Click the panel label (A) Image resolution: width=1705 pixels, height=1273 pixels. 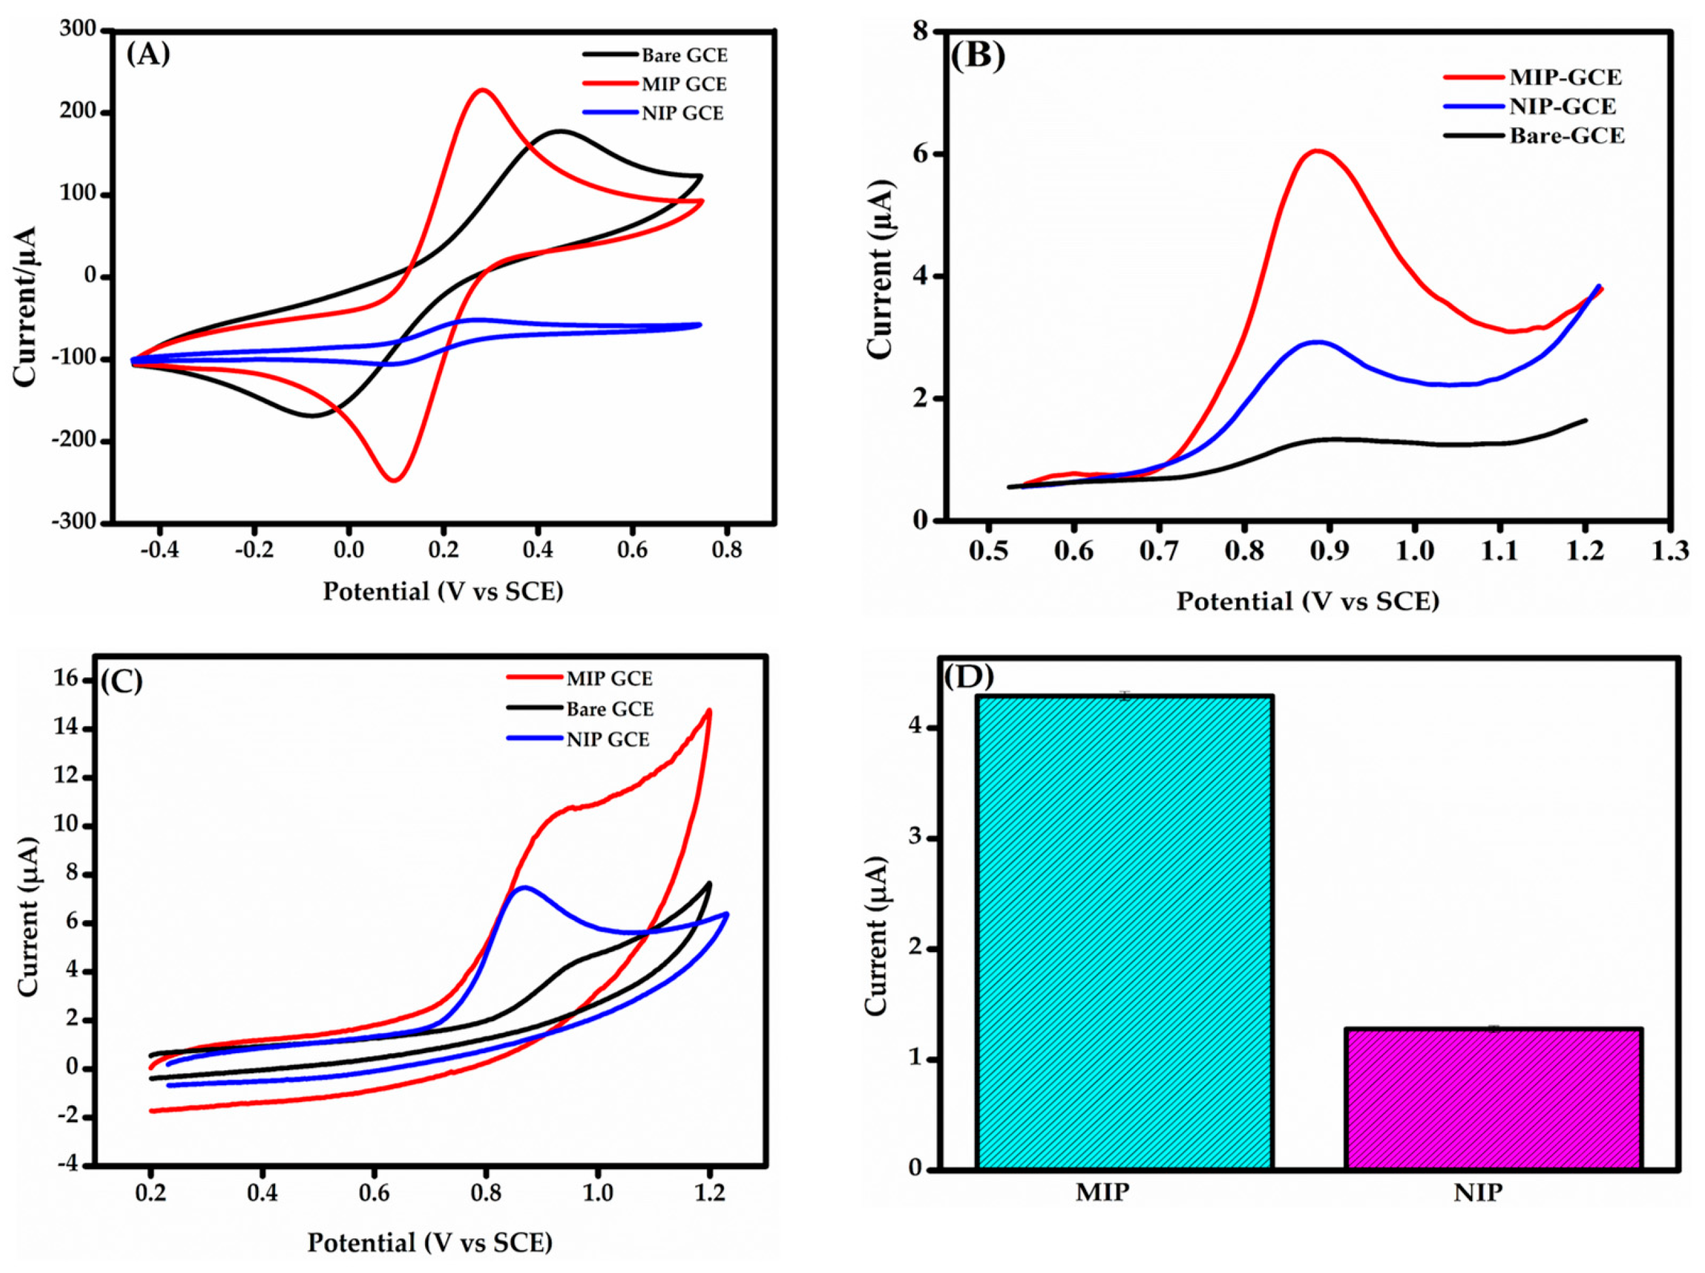click(x=148, y=55)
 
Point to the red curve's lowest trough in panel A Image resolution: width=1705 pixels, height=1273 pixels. click(x=394, y=481)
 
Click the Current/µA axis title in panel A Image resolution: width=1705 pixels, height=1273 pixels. click(x=25, y=307)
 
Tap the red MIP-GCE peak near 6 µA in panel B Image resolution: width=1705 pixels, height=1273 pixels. click(x=1318, y=151)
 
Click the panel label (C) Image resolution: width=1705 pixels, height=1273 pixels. click(x=122, y=681)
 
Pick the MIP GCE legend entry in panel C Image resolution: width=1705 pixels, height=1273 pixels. click(x=608, y=679)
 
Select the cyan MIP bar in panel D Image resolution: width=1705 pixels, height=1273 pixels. click(x=1124, y=932)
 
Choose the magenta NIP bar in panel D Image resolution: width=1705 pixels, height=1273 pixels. click(x=1494, y=1098)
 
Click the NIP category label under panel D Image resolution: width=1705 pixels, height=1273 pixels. click(x=1478, y=1193)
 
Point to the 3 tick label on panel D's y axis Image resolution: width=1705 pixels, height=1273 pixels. click(x=917, y=838)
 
